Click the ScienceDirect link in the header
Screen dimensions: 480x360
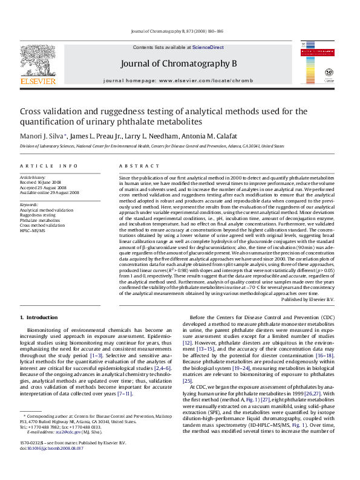click(208, 47)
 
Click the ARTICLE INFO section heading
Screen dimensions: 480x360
click(48, 166)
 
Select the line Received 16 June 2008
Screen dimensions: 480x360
click(41, 182)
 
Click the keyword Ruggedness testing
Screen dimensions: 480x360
click(38, 215)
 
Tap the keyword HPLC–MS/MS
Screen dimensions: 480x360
click(32, 231)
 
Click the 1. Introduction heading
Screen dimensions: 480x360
click(39, 317)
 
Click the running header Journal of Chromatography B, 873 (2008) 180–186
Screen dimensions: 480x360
click(180, 31)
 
